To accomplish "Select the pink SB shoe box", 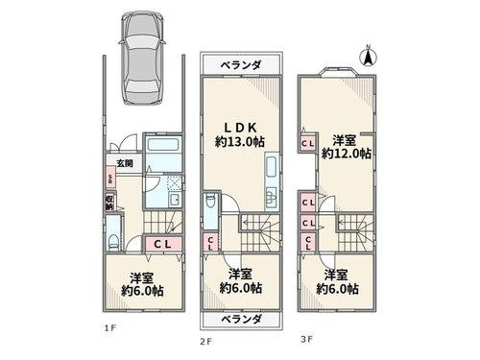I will click(110, 180).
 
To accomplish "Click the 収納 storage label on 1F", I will click(110, 203).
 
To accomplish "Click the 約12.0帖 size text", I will click(341, 153).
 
